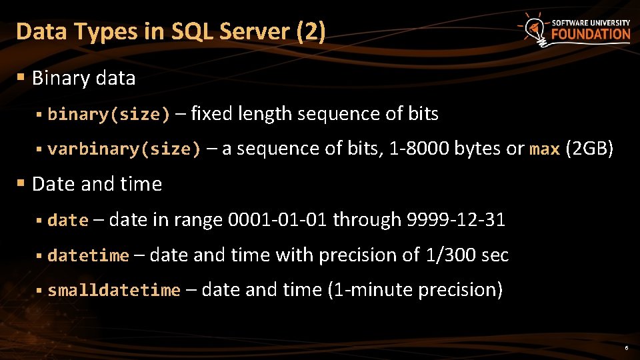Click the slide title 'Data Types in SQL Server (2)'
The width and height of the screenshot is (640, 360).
pyautogui.click(x=171, y=31)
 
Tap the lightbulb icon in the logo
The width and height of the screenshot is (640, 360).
pyautogui.click(x=533, y=29)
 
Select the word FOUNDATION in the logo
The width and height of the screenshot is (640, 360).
pyautogui.click(x=590, y=34)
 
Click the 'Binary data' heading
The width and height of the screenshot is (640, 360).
pyautogui.click(x=83, y=78)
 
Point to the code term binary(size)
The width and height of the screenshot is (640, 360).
pyautogui.click(x=109, y=115)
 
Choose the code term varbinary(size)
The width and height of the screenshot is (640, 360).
pyautogui.click(x=124, y=149)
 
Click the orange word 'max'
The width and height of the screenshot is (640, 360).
pyautogui.click(x=544, y=149)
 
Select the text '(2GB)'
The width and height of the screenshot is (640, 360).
pyautogui.click(x=589, y=149)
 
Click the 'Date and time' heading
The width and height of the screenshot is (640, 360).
pyautogui.click(x=97, y=184)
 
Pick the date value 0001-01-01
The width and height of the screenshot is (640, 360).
pyautogui.click(x=277, y=219)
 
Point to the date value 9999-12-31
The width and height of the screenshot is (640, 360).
pyautogui.click(x=455, y=219)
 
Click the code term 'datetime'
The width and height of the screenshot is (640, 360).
pyautogui.click(x=88, y=255)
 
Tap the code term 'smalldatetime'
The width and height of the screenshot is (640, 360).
pyautogui.click(x=114, y=291)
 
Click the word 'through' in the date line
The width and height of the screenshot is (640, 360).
pyautogui.click(x=367, y=219)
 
